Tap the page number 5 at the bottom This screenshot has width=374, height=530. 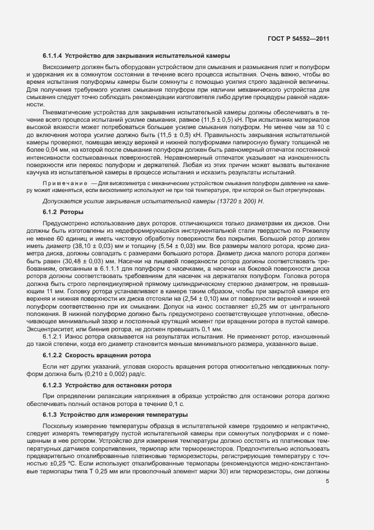point(328,482)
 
